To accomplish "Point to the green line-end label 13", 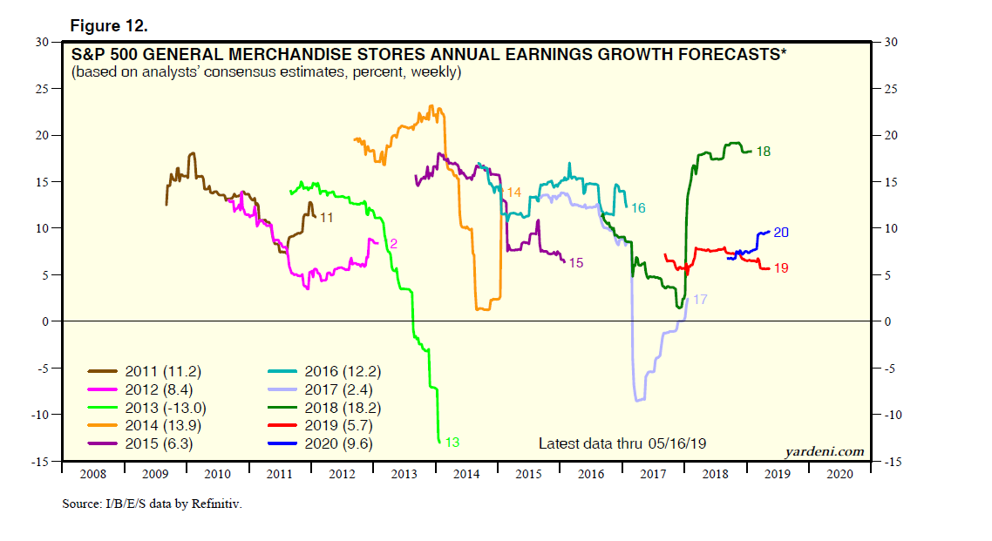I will tap(452, 443).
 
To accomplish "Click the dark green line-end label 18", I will tap(763, 152).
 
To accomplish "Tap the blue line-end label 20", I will tap(781, 233).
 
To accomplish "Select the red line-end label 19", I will tap(781, 268).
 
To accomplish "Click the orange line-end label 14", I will tap(513, 193).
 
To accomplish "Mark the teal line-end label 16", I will tap(638, 208).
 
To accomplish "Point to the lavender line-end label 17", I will tap(699, 299).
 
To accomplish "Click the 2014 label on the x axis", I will tap(466, 475).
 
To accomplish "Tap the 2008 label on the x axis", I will tap(93, 475).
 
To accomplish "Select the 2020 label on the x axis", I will tap(839, 475).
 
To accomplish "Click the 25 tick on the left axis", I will tap(40, 89).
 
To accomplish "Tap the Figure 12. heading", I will tap(108, 26).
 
